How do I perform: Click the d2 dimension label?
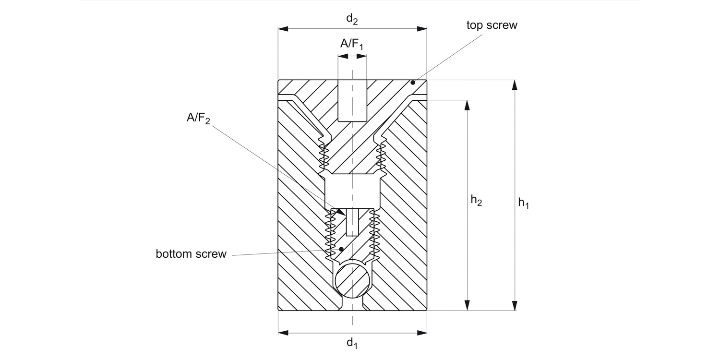point(352,20)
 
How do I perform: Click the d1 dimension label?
point(352,343)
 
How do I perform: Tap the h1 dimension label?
point(524,204)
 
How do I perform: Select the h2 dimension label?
point(476,201)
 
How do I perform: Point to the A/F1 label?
point(352,45)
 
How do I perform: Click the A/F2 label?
point(198,119)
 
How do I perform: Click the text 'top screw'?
point(492,25)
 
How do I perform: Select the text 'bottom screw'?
point(191,254)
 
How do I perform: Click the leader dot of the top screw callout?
point(412,83)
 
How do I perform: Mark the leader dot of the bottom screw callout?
point(341,249)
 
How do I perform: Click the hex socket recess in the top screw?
point(352,101)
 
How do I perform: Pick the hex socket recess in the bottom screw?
point(353,222)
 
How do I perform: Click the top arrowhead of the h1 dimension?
point(515,85)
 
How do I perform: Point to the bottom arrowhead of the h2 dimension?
point(467,305)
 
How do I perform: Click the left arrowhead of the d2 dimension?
point(283,29)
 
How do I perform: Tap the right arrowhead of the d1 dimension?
point(422,332)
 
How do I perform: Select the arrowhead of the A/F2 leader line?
point(341,213)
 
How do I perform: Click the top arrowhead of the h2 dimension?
point(467,105)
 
